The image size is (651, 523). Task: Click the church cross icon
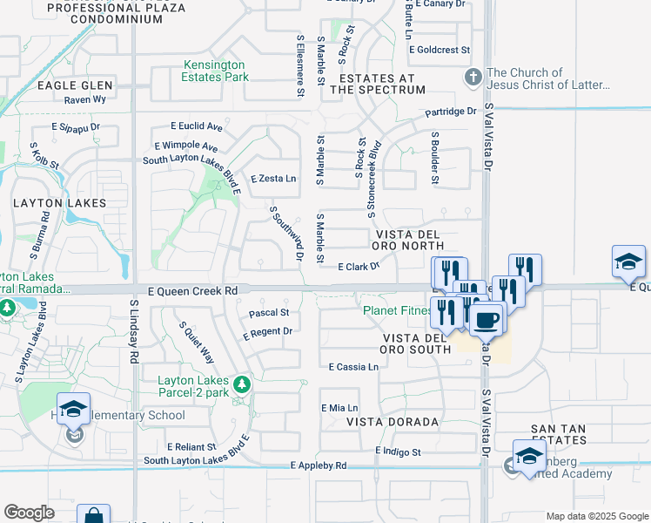tap(473, 78)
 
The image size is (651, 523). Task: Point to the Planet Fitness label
tap(397, 310)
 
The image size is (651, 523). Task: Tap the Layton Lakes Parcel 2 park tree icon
tap(242, 384)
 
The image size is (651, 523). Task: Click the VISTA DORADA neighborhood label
tap(393, 422)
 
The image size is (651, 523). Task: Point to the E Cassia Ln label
tap(353, 368)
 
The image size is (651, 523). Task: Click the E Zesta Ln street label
tap(273, 179)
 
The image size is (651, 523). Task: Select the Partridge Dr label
tap(451, 112)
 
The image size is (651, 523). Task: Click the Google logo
tap(29, 513)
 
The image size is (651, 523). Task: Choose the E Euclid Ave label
tap(197, 127)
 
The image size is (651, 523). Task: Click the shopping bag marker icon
tap(93, 517)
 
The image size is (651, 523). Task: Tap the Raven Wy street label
tap(85, 99)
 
